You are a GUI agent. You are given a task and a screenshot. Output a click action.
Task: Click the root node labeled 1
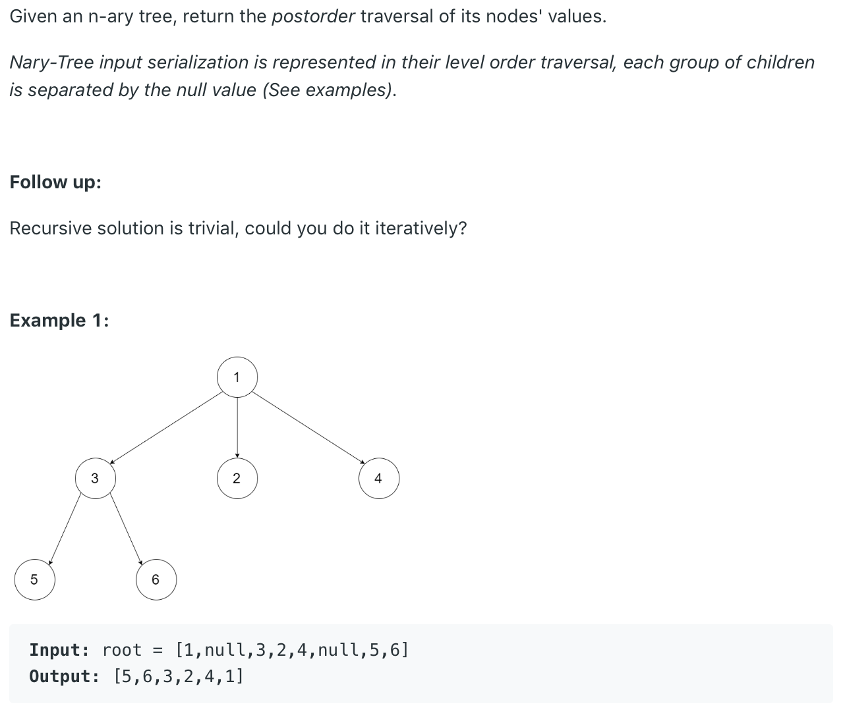[237, 377]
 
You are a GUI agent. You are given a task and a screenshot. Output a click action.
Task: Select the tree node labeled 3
[95, 479]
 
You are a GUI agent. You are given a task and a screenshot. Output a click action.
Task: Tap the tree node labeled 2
[237, 479]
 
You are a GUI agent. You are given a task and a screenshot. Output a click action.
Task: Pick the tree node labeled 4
[378, 479]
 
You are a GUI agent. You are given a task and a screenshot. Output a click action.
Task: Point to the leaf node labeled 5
[34, 579]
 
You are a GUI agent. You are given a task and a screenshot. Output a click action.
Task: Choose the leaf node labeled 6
[156, 579]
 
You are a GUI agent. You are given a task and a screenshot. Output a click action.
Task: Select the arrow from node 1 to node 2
[237, 428]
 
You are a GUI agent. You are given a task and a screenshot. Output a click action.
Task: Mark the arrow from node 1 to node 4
[308, 428]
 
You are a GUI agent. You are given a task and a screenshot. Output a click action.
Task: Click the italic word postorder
[313, 16]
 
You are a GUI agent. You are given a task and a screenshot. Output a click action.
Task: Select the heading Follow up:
[55, 182]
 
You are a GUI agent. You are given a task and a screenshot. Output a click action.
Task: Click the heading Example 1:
[59, 321]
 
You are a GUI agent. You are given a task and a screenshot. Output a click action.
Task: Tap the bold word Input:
[59, 651]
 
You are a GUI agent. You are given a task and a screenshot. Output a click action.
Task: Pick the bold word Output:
[65, 677]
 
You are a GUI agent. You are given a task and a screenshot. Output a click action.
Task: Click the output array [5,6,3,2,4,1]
[179, 677]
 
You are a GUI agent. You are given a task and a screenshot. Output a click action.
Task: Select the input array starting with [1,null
[291, 651]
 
